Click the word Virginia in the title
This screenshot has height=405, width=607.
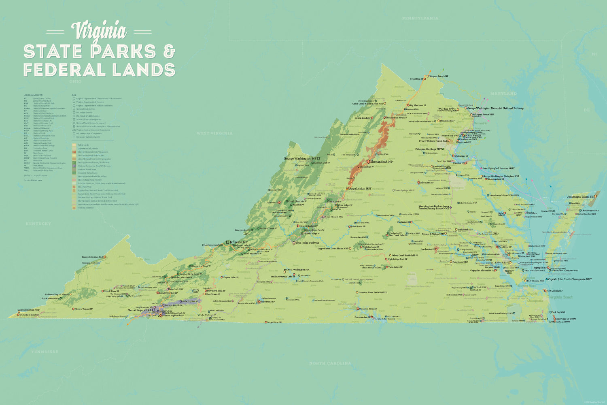[99, 31]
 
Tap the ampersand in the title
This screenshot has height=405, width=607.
[169, 51]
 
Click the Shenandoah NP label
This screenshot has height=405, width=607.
[382, 162]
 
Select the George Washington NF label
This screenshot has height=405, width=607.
[300, 158]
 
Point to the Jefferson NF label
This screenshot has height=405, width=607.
[238, 242]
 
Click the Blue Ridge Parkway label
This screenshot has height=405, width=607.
[307, 243]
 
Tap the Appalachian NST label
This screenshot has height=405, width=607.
[360, 189]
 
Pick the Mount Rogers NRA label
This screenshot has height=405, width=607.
[140, 310]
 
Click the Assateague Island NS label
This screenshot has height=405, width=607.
[580, 196]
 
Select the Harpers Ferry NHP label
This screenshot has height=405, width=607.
[439, 76]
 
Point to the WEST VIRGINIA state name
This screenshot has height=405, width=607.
[214, 133]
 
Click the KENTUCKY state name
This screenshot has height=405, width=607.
[38, 224]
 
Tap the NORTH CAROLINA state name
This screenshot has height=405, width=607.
[330, 363]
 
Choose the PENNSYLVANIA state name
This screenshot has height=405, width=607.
[420, 18]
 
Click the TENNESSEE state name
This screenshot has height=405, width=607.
[45, 352]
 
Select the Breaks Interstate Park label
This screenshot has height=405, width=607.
[93, 257]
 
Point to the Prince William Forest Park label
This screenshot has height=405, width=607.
[433, 141]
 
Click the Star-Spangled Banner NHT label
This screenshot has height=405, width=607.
[499, 168]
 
